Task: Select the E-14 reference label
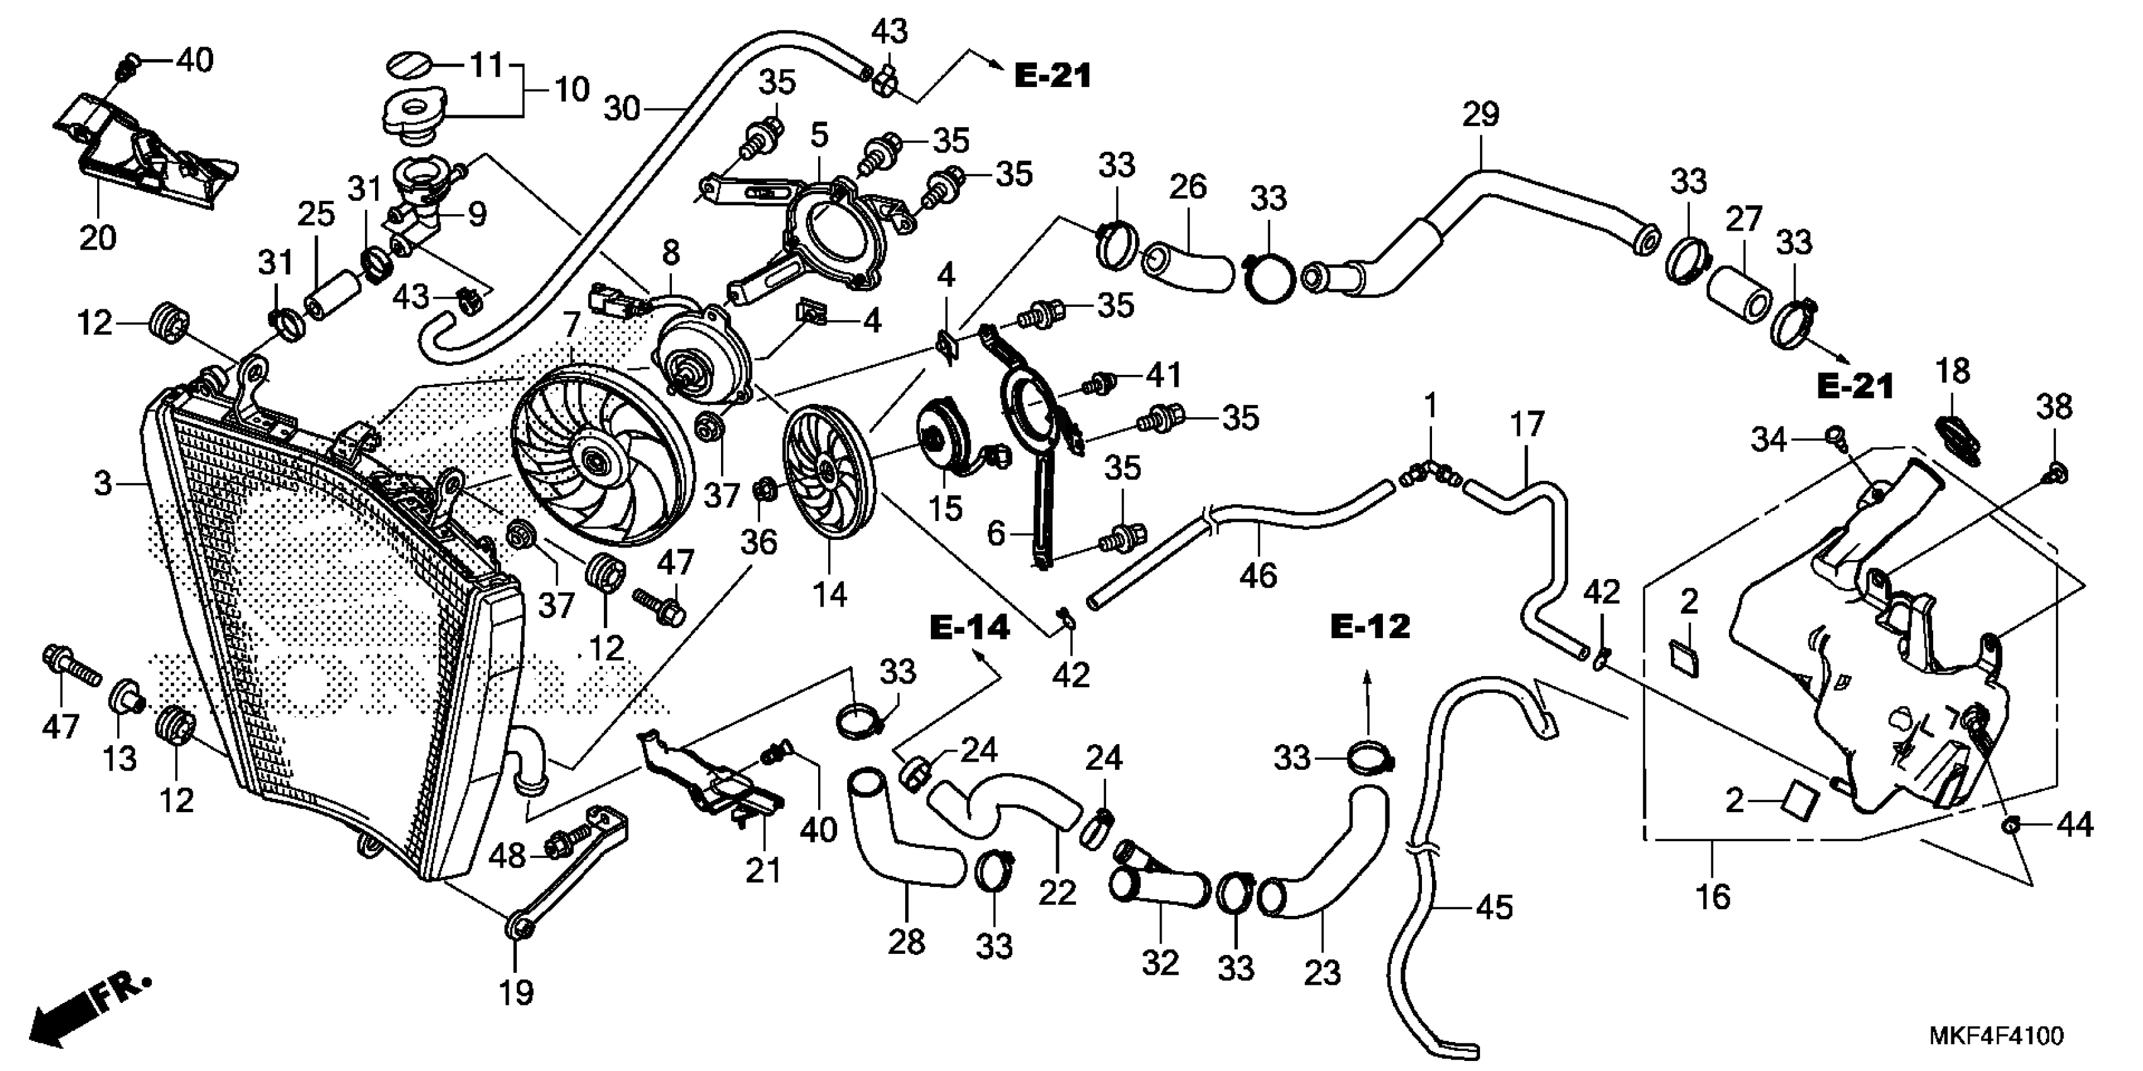pyautogui.click(x=969, y=629)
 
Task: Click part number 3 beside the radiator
pyautogui.click(x=102, y=483)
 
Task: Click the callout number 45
pyautogui.click(x=1493, y=907)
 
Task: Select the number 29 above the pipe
pyautogui.click(x=1481, y=115)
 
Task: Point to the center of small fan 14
pyautogui.click(x=826, y=471)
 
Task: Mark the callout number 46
pyautogui.click(x=1258, y=575)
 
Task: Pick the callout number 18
pyautogui.click(x=1953, y=371)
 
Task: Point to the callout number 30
pyautogui.click(x=622, y=108)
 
